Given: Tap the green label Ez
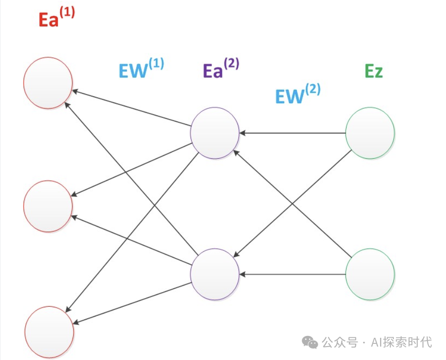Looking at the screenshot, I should [x=373, y=71].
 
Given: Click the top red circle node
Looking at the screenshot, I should [x=48, y=83].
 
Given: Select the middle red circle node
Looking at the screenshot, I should [x=48, y=206].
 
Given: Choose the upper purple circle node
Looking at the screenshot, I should [x=215, y=133].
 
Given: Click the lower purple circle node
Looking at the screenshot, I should [x=215, y=274].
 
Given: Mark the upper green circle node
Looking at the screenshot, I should [x=370, y=133].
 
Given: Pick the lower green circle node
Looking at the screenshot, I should [x=370, y=274].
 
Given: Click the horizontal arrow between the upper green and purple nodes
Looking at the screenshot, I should [x=292, y=133].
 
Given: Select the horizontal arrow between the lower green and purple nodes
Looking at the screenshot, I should [x=292, y=274].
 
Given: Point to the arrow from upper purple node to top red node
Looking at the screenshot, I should [x=132, y=108].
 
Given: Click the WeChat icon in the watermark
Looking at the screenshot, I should [x=310, y=342].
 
